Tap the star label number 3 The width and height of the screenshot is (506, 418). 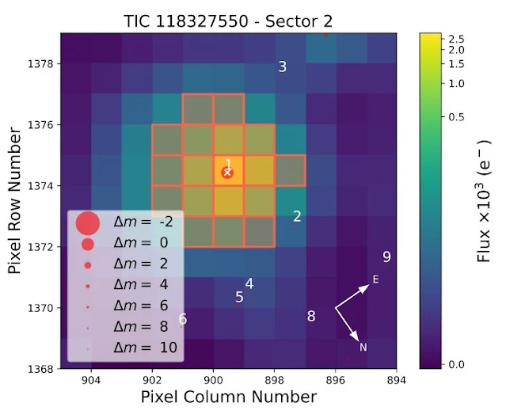(282, 66)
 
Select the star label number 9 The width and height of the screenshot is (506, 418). (386, 256)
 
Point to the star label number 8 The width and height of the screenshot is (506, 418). (311, 317)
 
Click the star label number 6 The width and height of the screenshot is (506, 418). (183, 320)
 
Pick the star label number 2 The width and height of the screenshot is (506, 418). (297, 216)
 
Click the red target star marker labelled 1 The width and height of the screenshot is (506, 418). (228, 170)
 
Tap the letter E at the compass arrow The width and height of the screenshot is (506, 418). (376, 279)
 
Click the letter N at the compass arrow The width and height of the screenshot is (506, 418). (363, 348)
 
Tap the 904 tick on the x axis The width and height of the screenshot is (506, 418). (91, 381)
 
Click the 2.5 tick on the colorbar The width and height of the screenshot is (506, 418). (456, 38)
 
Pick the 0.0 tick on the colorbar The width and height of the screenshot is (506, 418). (456, 364)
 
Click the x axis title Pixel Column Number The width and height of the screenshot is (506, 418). (228, 398)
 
